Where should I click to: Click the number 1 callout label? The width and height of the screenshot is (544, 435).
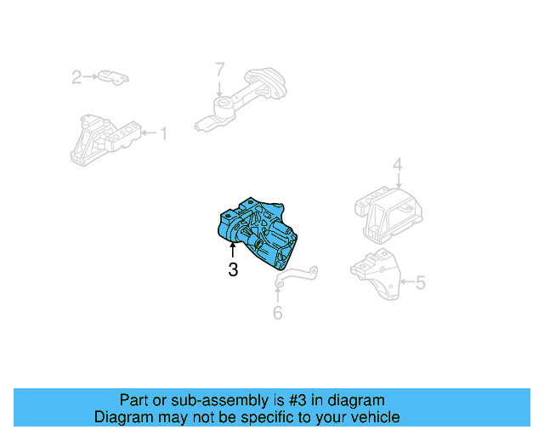point(163,133)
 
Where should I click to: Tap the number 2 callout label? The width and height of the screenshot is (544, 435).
point(76,78)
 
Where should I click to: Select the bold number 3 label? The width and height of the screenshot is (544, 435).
point(233,271)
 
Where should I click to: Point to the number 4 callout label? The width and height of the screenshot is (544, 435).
point(397,165)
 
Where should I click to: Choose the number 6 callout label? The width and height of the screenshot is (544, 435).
point(277,314)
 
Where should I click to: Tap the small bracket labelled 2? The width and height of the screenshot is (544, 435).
point(111,77)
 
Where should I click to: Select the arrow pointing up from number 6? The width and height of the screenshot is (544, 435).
point(277,293)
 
